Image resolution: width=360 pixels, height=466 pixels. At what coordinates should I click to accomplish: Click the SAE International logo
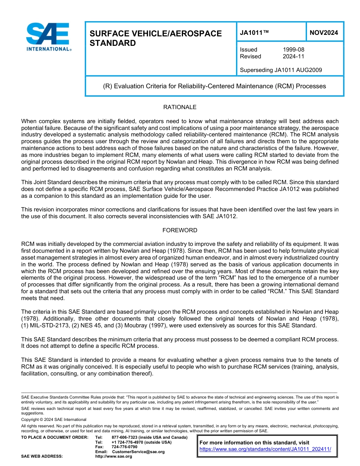48,37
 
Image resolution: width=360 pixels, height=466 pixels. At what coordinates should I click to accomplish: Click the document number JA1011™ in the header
254,33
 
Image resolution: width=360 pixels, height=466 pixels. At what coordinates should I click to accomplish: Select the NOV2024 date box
324,33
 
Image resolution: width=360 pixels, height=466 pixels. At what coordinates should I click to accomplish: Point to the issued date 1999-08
293,50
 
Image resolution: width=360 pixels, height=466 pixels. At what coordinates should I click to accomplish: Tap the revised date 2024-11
293,56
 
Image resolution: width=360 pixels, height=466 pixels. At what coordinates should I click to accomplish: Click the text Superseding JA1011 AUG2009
281,70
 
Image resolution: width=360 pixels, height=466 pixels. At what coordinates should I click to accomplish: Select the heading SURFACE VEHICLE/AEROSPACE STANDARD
155,38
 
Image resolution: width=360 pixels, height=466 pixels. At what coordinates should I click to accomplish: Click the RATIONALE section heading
180,107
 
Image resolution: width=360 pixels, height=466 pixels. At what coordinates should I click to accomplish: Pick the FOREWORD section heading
180,230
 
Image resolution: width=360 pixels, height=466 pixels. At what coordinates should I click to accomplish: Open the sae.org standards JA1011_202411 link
265,449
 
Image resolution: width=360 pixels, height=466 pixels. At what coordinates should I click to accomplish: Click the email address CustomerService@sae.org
138,452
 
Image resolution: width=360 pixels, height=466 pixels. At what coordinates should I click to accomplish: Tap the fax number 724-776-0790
124,447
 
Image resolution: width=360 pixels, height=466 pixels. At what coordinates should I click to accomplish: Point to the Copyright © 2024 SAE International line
54,419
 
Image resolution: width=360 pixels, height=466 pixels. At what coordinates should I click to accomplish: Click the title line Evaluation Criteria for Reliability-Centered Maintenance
214,86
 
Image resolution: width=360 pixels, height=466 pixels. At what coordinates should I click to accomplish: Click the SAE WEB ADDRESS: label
42,457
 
